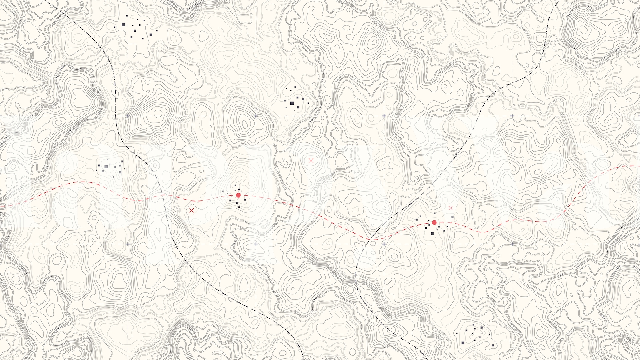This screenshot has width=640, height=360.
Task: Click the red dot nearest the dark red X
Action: coord(238,195)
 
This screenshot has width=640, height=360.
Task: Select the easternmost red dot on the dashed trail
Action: coord(434,222)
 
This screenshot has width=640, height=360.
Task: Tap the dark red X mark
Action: coord(192,210)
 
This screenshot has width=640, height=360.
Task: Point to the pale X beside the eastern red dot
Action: coord(451,208)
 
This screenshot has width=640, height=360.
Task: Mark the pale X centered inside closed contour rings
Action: coord(311,161)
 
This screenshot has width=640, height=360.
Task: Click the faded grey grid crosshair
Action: coord(256,244)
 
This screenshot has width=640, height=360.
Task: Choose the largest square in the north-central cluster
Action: coord(292,104)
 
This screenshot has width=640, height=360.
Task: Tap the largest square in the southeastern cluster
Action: coord(463,343)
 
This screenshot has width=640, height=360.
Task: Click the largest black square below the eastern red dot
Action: coord(432,234)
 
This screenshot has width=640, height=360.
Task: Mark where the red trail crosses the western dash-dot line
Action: coord(163,196)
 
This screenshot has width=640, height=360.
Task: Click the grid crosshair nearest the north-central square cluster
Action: coord(256,116)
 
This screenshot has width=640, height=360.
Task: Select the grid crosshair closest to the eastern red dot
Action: coord(384,244)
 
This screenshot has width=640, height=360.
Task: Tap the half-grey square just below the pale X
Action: coord(452,217)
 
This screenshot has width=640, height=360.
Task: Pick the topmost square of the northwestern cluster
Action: coord(127,16)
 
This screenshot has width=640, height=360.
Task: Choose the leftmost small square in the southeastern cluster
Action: coord(457,333)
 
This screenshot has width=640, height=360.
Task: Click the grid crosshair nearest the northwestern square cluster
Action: coord(128,116)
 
